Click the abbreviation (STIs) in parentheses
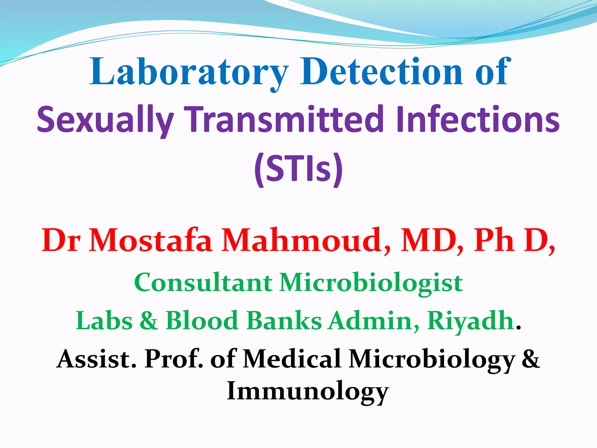tap(298, 169)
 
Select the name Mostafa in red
tap(150, 241)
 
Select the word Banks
tap(284, 321)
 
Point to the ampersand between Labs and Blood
tap(149, 321)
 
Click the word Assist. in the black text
tap(96, 359)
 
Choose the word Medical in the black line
tap(292, 359)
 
